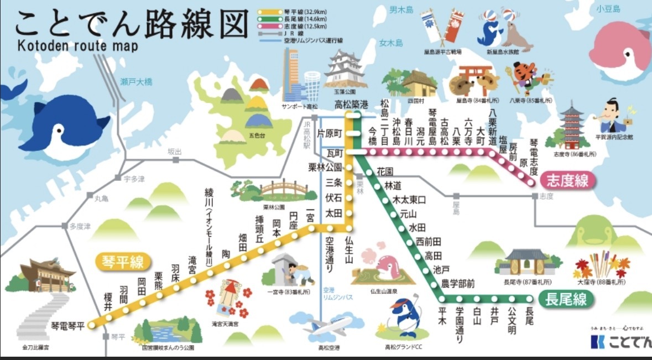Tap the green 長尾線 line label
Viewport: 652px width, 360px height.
[565, 300]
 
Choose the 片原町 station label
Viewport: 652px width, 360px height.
[331, 133]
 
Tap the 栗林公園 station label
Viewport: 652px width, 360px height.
[326, 166]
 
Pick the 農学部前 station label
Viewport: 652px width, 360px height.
[457, 284]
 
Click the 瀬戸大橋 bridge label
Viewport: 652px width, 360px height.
[136, 81]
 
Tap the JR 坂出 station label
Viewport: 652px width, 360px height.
[175, 152]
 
